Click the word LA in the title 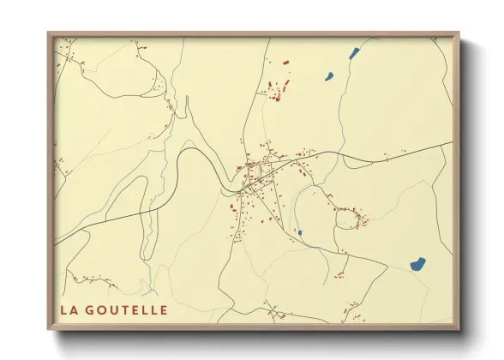click(x=68, y=309)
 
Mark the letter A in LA click(x=73, y=309)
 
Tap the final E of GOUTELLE click(x=163, y=309)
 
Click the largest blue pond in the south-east click(x=417, y=264)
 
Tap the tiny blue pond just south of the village click(x=299, y=232)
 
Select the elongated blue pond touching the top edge click(x=354, y=52)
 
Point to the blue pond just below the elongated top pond click(x=328, y=75)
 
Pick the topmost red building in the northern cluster click(x=286, y=60)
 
